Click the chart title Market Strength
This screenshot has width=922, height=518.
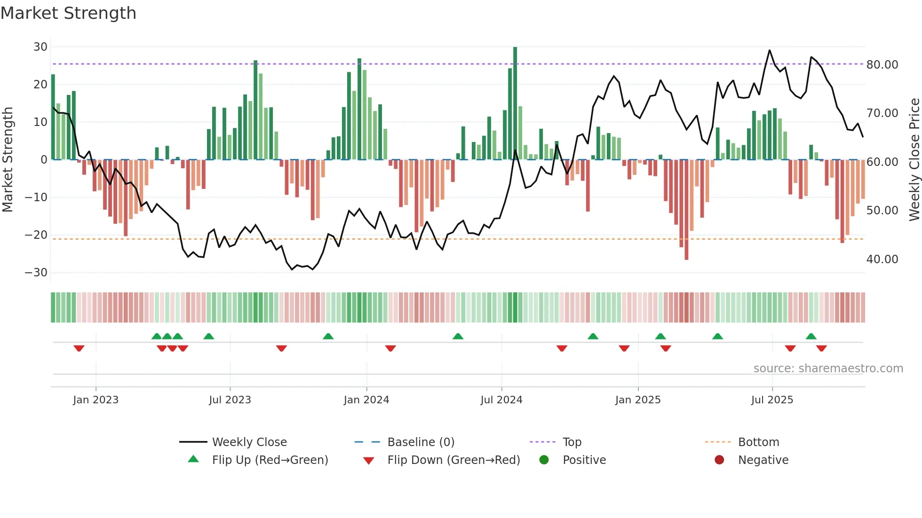[x=68, y=13]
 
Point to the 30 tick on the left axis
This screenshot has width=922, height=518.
[x=40, y=47]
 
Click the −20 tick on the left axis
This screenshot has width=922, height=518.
[x=36, y=235]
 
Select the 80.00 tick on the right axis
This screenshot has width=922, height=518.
[x=882, y=65]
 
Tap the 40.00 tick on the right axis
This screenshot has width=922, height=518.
[x=882, y=259]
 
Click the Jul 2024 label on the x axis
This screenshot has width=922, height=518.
[x=501, y=400]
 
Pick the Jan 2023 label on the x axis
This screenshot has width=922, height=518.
[x=95, y=400]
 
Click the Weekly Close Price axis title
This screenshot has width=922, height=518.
[x=914, y=160]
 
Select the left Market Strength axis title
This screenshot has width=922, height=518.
[x=8, y=160]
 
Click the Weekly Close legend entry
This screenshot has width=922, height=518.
[x=249, y=442]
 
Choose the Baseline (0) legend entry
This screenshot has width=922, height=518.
[x=421, y=442]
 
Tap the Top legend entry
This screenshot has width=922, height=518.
[x=572, y=442]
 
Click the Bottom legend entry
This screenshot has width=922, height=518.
[x=758, y=442]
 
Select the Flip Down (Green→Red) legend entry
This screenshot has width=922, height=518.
[x=453, y=460]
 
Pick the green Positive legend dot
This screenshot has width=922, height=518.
[x=544, y=460]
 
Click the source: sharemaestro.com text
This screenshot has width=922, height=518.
[x=828, y=369]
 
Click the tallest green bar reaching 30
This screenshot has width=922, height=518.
[x=515, y=103]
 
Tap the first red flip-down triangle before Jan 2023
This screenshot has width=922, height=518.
[x=79, y=348]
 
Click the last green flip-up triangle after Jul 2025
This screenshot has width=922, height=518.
[x=811, y=336]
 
